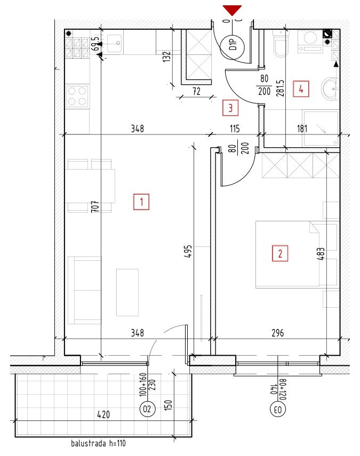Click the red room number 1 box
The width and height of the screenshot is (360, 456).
point(141,202)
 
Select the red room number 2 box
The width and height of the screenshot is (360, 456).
point(280,253)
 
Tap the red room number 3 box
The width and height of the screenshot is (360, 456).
point(230,108)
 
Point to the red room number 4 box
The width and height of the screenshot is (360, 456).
point(301,89)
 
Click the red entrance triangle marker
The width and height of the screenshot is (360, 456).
point(232,10)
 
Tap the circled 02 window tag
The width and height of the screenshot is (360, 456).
point(147,409)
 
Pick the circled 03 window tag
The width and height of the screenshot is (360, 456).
point(278,410)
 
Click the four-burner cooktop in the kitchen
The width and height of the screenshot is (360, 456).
point(77,96)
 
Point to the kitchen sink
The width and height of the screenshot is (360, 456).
point(114,43)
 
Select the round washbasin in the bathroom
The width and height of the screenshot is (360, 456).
point(331,89)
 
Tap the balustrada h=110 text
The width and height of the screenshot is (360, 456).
point(98,443)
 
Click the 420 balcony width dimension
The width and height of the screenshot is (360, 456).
point(103,414)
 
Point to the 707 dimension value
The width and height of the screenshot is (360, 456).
point(95,206)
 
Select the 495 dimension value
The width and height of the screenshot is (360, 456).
point(188,251)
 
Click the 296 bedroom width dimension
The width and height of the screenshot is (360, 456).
point(278,333)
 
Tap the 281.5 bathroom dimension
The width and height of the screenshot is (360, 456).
point(280,88)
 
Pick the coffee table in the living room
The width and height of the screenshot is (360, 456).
point(127,292)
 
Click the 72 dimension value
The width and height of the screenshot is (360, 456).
point(197,91)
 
